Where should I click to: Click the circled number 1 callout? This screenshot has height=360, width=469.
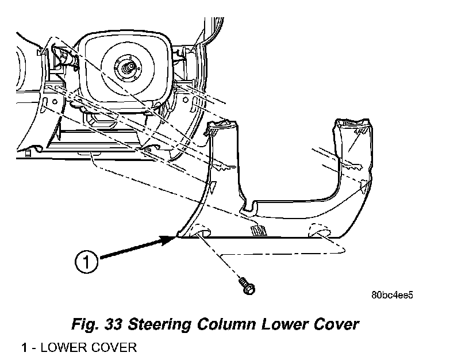click(x=86, y=262)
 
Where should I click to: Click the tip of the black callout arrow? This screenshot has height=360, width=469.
click(x=176, y=236)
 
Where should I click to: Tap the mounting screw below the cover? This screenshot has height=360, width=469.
click(x=247, y=285)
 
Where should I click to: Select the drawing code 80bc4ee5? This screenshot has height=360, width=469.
click(x=392, y=295)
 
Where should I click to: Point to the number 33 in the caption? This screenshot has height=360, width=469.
click(x=113, y=324)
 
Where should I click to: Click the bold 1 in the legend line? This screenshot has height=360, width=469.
click(x=24, y=348)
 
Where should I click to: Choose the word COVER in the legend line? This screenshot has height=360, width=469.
click(x=114, y=348)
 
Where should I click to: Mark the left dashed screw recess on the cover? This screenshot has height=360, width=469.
click(x=201, y=231)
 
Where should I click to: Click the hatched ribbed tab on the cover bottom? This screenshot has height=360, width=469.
click(x=258, y=231)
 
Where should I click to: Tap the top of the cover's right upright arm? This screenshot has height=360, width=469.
click(x=353, y=122)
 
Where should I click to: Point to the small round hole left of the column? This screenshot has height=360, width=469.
click(x=55, y=102)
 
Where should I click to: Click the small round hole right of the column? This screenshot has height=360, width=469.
click(x=186, y=99)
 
